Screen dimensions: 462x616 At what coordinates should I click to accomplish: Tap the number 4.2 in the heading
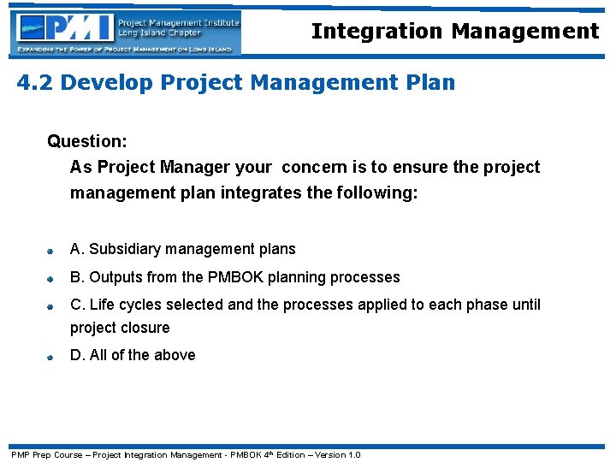click(x=35, y=83)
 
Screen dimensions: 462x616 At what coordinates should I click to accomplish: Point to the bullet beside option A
click(x=51, y=252)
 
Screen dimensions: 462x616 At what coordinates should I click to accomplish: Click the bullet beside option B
click(x=51, y=279)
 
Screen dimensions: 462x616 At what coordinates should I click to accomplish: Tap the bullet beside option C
click(x=51, y=306)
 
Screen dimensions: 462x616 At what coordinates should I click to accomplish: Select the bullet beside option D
click(x=51, y=357)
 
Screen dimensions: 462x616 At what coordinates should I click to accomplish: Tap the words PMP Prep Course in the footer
click(x=46, y=454)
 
